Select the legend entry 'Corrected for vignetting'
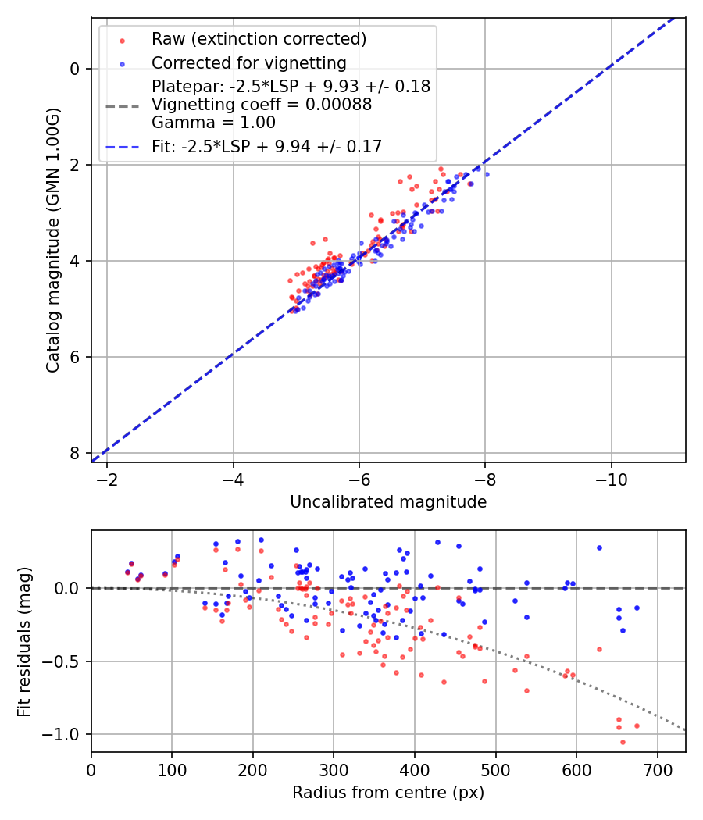[248, 62]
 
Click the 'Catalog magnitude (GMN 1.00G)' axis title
[52, 239]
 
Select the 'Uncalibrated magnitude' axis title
[388, 502]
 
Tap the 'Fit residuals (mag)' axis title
[23, 641]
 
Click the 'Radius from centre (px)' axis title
[388, 793]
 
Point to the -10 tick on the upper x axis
[611, 478]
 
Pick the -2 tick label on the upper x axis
[107, 478]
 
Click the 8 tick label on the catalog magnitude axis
[75, 453]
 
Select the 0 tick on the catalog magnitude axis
[75, 69]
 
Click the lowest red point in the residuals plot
[623, 742]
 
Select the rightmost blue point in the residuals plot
[637, 608]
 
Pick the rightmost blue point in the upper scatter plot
[487, 174]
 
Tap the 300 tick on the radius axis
[334, 768]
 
